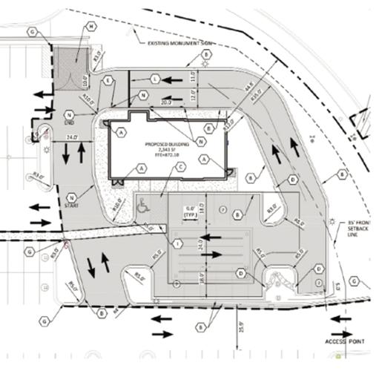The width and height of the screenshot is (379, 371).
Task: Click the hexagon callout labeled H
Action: point(91,27)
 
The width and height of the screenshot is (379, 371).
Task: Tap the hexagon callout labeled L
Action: point(155,78)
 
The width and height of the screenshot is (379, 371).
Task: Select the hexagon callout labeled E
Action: point(108,80)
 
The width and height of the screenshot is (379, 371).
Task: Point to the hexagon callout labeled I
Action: point(177,243)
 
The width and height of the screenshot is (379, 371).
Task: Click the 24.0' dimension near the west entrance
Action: point(72,137)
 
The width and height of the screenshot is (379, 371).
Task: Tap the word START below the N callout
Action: point(72,208)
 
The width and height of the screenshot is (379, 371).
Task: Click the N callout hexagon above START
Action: point(72,197)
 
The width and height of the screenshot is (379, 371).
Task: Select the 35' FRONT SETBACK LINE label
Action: point(360,230)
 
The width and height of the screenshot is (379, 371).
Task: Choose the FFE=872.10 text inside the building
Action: point(157,154)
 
